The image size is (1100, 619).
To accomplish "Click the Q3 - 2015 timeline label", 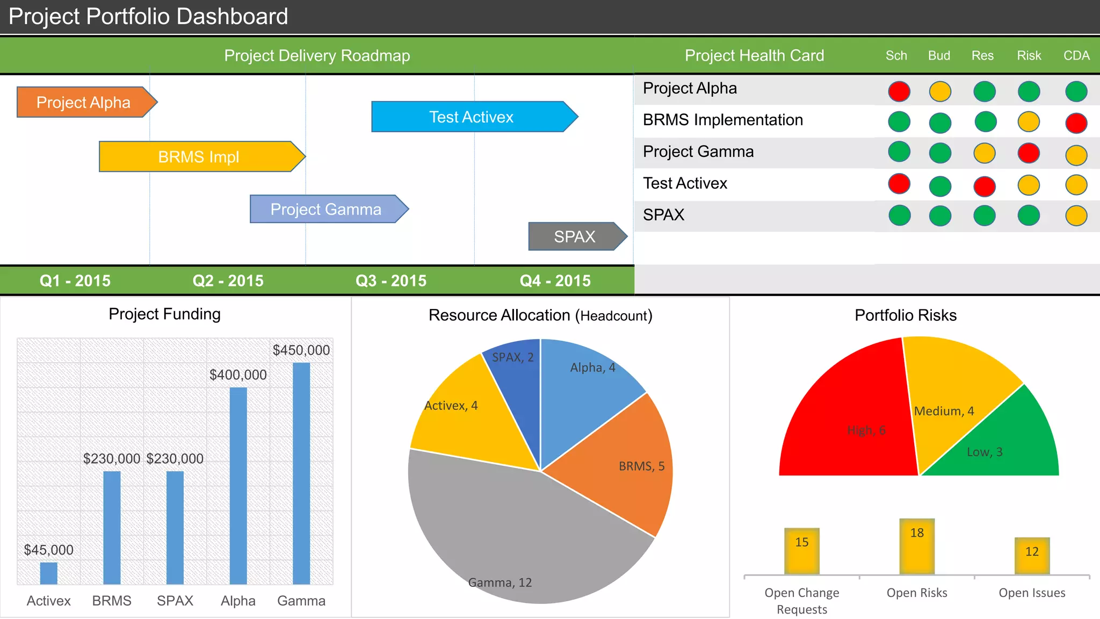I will pyautogui.click(x=391, y=280).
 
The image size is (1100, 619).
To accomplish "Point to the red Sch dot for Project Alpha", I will pyautogui.click(x=899, y=91).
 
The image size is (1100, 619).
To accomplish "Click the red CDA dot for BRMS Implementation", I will pyautogui.click(x=1076, y=123).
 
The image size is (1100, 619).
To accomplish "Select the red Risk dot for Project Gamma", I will pyautogui.click(x=1029, y=153).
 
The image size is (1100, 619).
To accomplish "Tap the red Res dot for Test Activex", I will pyautogui.click(x=985, y=186).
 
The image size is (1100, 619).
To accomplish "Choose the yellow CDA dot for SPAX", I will pyautogui.click(x=1076, y=215).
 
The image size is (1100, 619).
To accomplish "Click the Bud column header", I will pyautogui.click(x=939, y=55).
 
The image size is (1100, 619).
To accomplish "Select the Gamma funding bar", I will pyautogui.click(x=301, y=473).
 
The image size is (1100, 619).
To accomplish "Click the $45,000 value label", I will pyautogui.click(x=48, y=550).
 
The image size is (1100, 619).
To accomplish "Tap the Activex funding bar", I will pyautogui.click(x=48, y=573).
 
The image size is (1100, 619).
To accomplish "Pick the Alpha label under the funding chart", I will pyautogui.click(x=238, y=601).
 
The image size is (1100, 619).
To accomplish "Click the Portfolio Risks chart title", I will pyautogui.click(x=906, y=315).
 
